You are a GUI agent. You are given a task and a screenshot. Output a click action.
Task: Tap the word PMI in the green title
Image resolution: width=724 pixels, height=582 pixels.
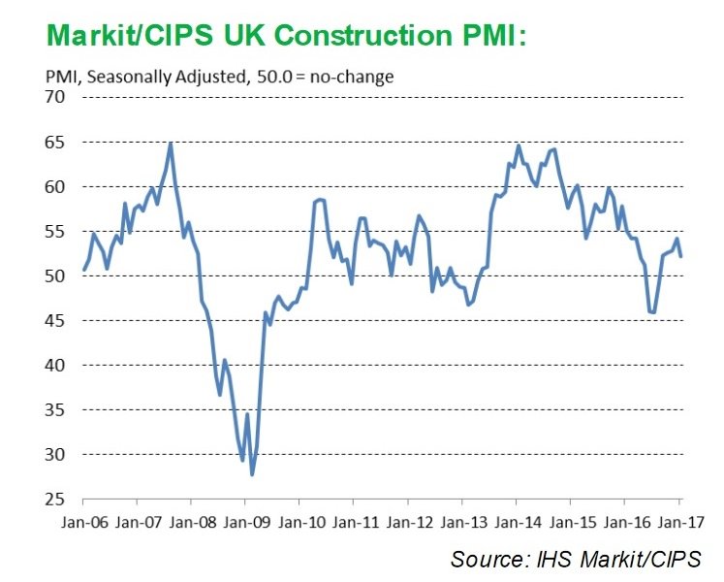pos(488,35)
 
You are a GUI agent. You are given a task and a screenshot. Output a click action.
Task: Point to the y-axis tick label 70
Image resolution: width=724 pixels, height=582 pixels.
pos(55,97)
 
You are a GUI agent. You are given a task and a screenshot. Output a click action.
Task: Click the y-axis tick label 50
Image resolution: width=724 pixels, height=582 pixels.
pos(55,276)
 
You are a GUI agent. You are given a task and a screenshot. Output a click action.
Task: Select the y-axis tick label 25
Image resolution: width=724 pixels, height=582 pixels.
pos(55,500)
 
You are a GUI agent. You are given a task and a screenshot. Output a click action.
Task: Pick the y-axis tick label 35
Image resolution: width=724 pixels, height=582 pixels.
pos(55,410)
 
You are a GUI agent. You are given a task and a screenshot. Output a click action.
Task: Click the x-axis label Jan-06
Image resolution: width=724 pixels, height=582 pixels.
pos(84,523)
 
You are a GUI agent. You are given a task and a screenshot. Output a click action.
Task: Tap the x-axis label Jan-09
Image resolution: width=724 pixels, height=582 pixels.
pos(246,523)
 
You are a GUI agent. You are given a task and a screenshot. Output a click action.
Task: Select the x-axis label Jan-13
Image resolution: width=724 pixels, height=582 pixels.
pos(463,523)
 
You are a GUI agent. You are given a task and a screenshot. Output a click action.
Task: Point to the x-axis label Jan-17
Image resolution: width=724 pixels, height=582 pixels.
pos(680,523)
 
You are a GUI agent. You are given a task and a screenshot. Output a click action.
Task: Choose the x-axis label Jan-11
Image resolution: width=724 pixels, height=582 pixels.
pos(355,523)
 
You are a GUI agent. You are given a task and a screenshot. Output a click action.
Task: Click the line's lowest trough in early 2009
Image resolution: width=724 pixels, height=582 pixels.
pos(252,474)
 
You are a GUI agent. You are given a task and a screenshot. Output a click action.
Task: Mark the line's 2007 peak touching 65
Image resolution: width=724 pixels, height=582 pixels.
pos(171,144)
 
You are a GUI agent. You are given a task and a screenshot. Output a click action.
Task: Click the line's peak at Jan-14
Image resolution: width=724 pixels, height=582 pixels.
pos(519,146)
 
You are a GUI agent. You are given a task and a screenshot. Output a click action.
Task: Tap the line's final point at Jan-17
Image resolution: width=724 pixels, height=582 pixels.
pos(680,256)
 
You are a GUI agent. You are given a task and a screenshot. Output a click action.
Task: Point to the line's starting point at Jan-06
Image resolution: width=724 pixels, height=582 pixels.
pos(84,270)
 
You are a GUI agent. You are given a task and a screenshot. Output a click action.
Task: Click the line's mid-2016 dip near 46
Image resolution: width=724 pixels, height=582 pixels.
pos(652,312)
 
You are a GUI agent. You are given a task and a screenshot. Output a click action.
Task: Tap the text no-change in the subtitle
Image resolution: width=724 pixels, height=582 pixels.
pos(352,77)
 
